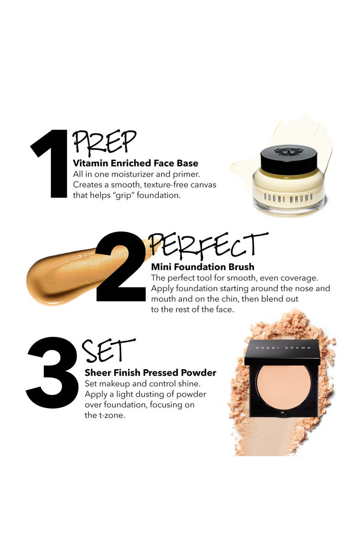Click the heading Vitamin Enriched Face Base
tap(136, 163)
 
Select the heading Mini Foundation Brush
tap(203, 267)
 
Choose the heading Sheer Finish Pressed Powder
tap(150, 372)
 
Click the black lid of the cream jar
tap(288, 160)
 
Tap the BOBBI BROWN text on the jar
tap(288, 197)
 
